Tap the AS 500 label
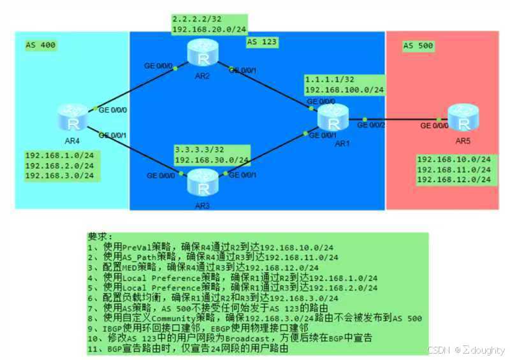coord(418,46)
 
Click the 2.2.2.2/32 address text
coord(194,20)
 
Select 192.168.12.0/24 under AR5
coord(453,180)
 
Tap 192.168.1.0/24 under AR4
coord(59,155)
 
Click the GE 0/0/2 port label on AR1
coord(371,126)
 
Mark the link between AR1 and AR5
coord(402,119)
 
